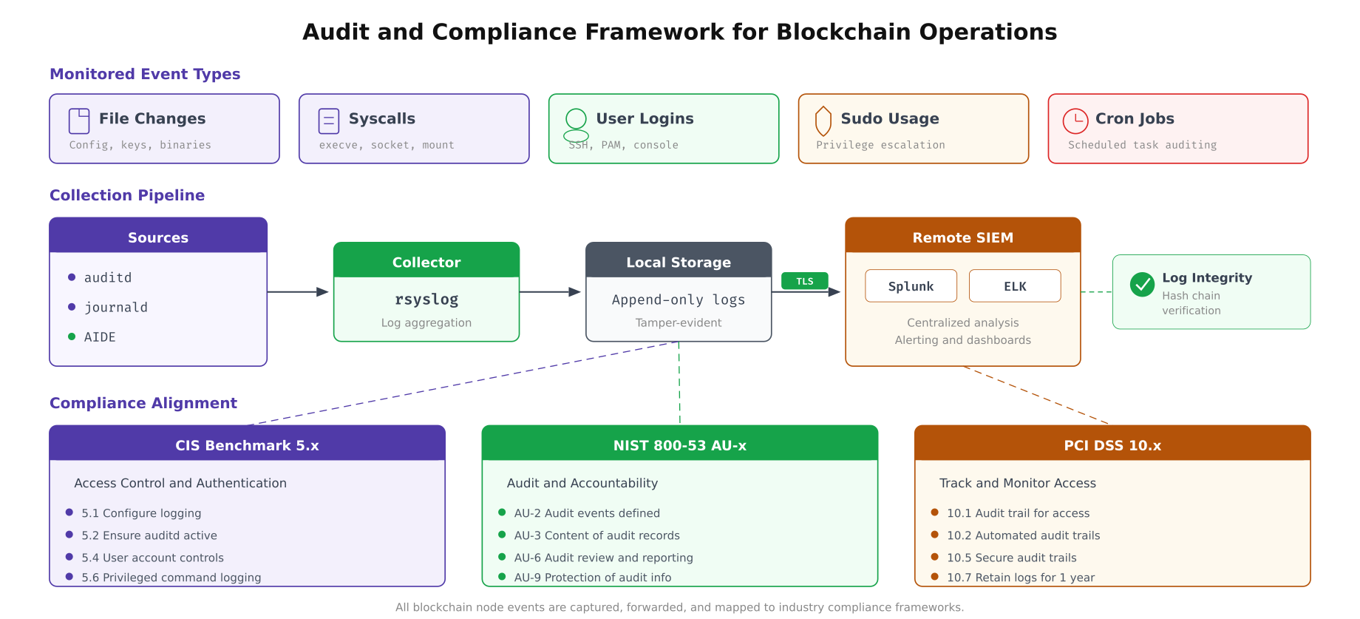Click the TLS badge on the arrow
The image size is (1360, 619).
[x=804, y=281]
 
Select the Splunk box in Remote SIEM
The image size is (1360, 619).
[x=911, y=286]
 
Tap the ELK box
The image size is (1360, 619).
[x=1014, y=286]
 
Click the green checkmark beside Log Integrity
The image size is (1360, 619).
[x=1142, y=284]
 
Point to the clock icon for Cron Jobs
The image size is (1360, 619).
[x=1075, y=121]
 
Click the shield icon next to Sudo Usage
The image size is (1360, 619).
[x=823, y=121]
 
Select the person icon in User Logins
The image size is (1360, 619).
[x=576, y=124]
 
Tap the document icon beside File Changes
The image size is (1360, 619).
[x=79, y=121]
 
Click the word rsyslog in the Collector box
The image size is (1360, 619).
[x=426, y=300]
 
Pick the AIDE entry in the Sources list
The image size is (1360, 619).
[x=100, y=337]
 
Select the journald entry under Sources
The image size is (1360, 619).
[x=115, y=308]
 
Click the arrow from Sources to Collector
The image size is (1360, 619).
[x=297, y=292]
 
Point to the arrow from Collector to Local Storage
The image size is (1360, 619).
[x=550, y=292]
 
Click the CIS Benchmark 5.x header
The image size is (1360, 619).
[x=247, y=445]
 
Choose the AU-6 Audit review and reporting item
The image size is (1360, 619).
[x=603, y=558]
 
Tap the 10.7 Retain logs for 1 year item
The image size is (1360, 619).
[x=1020, y=578]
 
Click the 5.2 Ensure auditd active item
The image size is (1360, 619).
[x=149, y=535]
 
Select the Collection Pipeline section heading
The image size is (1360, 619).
[x=127, y=195]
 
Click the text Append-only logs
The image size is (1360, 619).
[x=678, y=300]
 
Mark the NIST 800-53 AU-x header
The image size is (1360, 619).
[x=679, y=445]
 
